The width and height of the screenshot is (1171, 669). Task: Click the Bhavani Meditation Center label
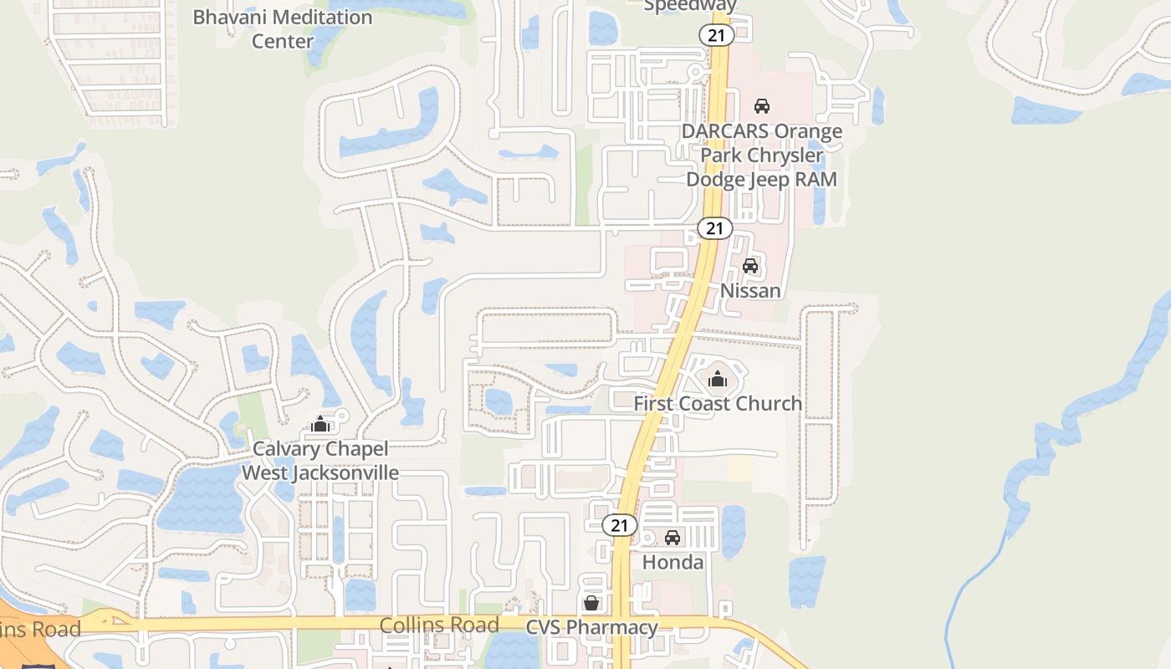coord(283,28)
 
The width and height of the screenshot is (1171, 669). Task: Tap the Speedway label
coord(690,6)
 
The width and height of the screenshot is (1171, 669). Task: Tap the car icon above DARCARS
coord(762,106)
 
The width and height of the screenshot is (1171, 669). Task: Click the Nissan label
coord(750,290)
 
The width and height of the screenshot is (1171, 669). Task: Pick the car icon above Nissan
coord(750,267)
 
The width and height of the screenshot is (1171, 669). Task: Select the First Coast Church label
coord(718,403)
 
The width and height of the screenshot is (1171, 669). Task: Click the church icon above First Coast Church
coord(718,380)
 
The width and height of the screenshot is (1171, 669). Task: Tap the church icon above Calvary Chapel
coord(320,425)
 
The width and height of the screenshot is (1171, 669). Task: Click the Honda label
coord(672,562)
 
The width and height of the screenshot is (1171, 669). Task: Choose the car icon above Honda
coord(672,538)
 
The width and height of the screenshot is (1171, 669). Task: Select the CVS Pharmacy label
coord(591,627)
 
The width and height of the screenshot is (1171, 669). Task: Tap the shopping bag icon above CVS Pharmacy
coord(591,603)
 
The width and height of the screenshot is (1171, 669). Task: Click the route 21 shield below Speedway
coord(717,35)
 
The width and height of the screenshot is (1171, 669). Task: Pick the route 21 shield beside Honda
coord(620,525)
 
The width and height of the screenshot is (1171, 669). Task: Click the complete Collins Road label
coord(439,625)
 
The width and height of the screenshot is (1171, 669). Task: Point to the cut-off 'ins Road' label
coord(40,629)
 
